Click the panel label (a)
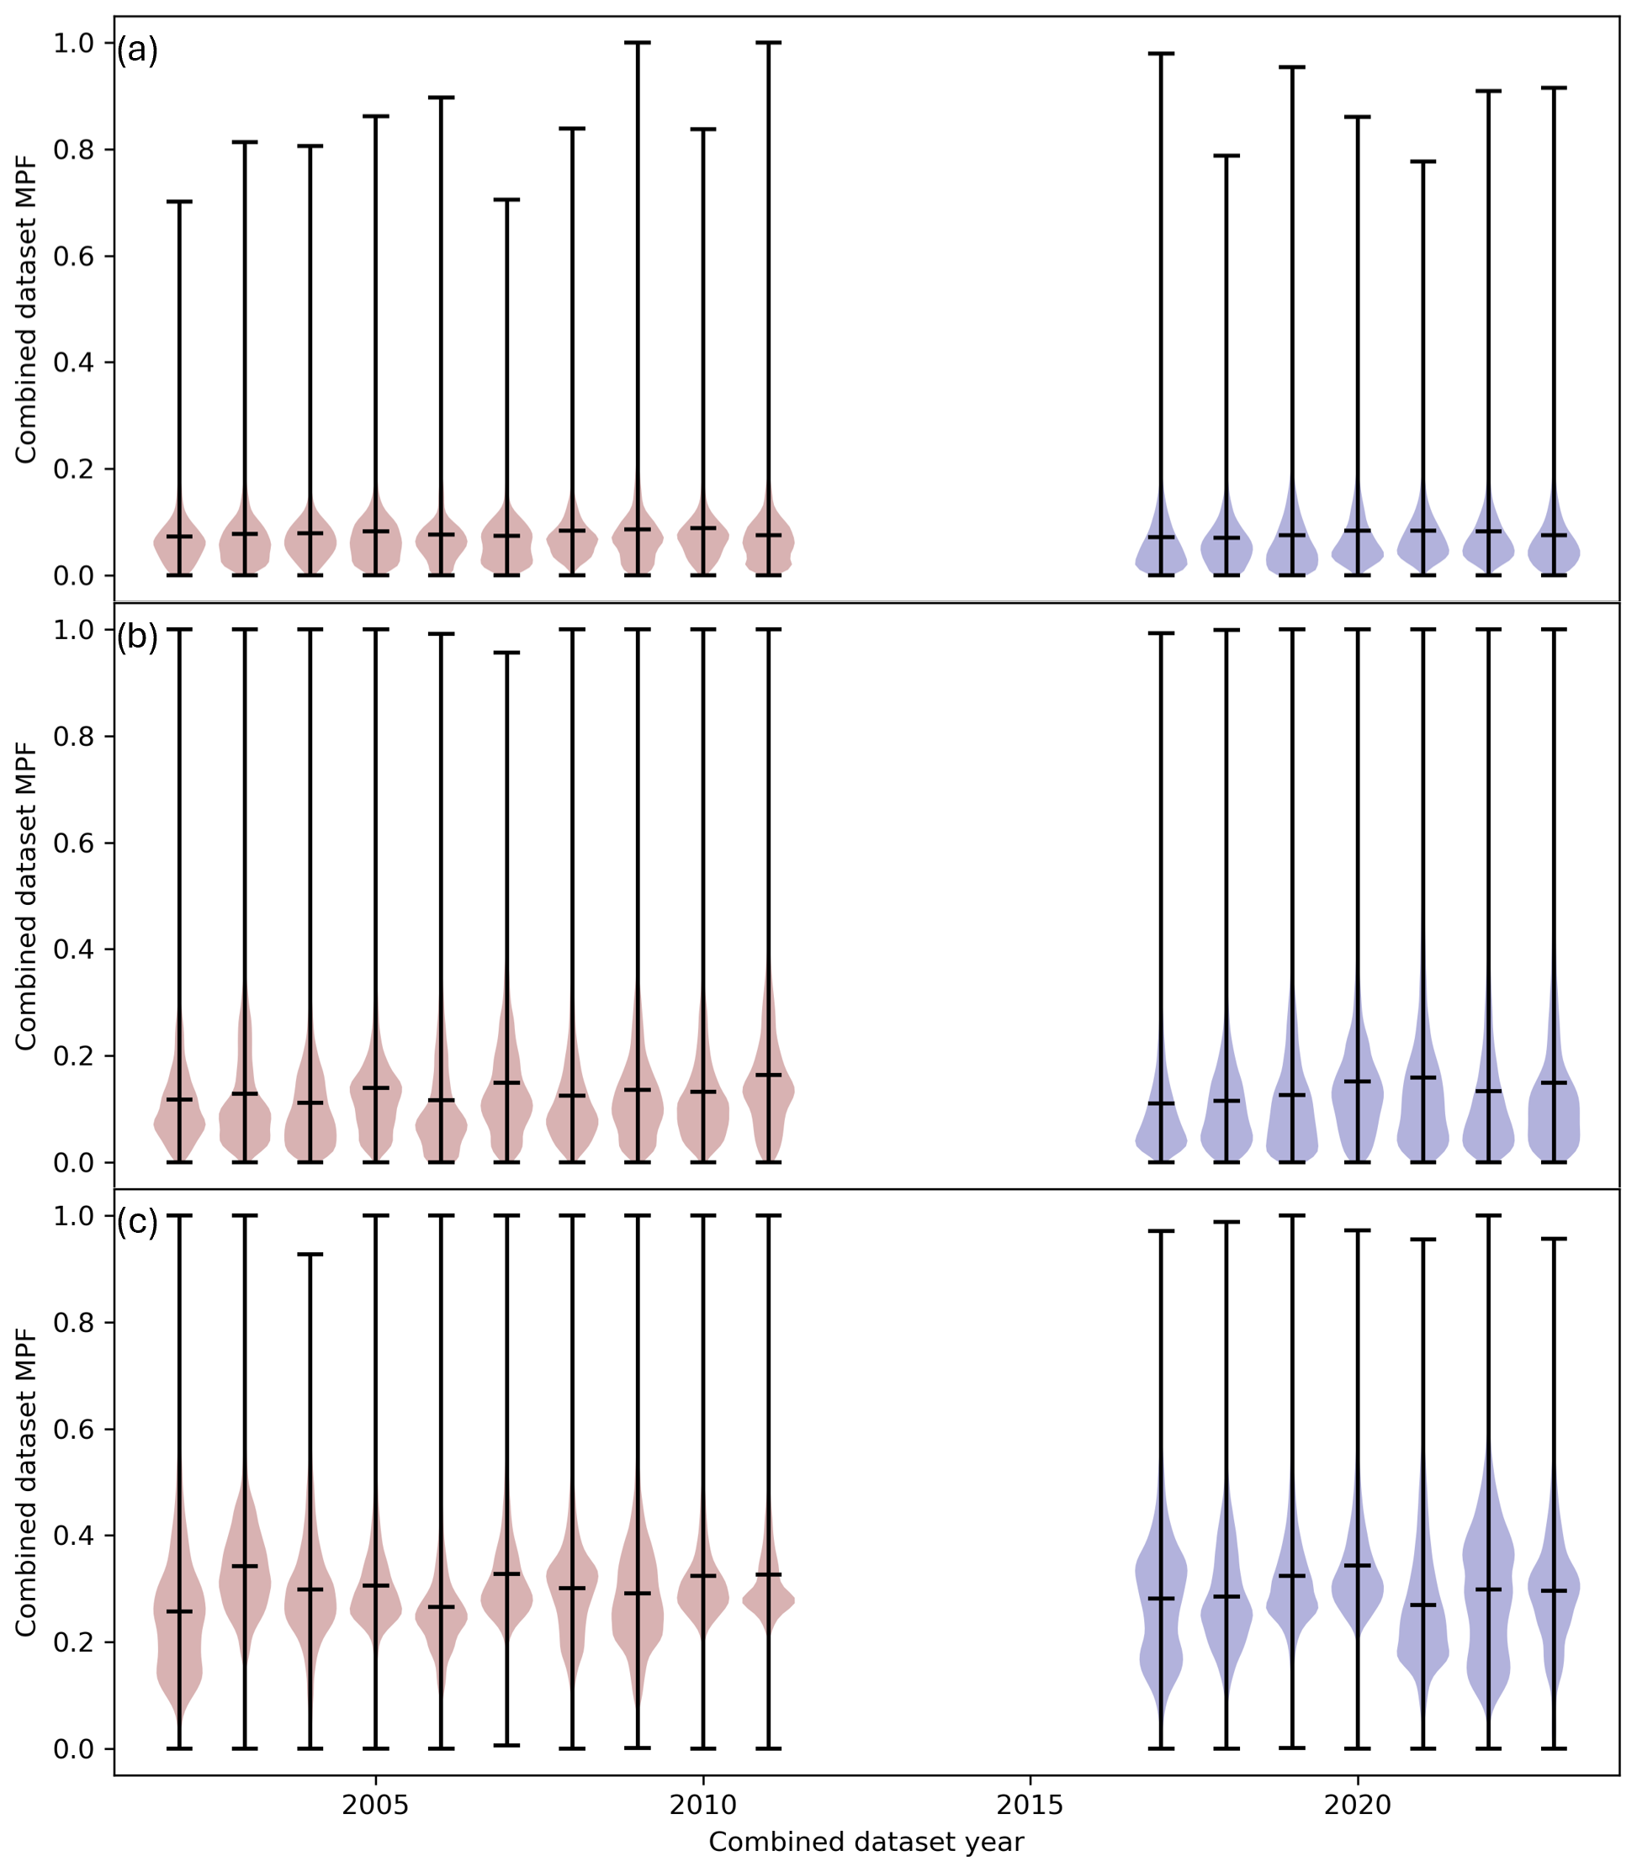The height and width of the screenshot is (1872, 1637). point(137,51)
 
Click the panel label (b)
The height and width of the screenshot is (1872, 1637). point(137,637)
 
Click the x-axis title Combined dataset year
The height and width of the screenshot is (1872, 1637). point(866,1843)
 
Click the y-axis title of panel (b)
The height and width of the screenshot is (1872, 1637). point(25,896)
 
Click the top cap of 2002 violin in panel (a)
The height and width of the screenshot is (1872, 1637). point(179,202)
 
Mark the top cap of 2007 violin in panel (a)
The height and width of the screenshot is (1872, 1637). point(506,199)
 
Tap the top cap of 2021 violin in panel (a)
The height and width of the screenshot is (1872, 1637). point(1422,161)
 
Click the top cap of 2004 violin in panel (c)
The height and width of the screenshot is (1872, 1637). point(310,1255)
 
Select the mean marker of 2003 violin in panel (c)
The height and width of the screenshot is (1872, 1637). point(245,1566)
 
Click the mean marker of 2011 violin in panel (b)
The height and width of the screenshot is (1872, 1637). point(768,1075)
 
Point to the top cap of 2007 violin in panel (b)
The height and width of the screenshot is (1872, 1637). point(506,653)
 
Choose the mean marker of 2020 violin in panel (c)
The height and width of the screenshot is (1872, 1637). point(1357,1565)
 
